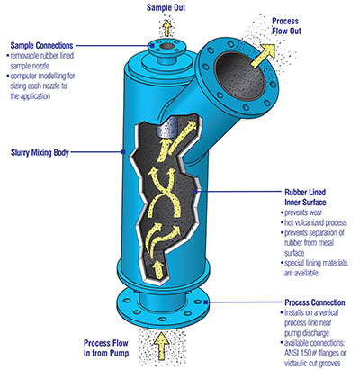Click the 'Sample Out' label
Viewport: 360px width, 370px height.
point(166,7)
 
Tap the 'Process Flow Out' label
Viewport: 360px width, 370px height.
point(286,26)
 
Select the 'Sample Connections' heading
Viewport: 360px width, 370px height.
point(41,46)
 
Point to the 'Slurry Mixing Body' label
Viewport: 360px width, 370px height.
point(40,152)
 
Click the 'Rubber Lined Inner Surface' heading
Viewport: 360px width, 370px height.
point(305,197)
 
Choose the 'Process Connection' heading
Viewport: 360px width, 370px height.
point(315,302)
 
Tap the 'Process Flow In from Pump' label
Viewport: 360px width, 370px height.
point(106,347)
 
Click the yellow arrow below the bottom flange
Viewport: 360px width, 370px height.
point(162,345)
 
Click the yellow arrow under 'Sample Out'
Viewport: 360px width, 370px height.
point(167,28)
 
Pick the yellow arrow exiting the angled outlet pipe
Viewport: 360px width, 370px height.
point(262,56)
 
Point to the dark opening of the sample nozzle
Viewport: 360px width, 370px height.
point(166,47)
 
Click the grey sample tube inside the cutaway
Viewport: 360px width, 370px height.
point(167,128)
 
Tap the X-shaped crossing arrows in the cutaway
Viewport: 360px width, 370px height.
point(162,193)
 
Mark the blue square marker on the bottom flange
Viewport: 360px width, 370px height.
point(206,302)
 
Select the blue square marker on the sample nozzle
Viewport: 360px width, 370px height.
point(152,46)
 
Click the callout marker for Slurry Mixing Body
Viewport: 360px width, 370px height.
point(122,152)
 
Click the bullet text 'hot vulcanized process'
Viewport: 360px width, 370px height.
point(316,222)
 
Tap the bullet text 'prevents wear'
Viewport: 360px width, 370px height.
point(303,212)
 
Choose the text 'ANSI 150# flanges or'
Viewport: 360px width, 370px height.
point(315,353)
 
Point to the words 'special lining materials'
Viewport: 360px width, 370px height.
point(316,263)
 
